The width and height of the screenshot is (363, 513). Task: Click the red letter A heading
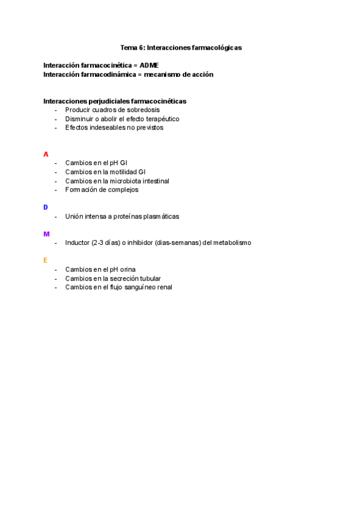pyautogui.click(x=46, y=154)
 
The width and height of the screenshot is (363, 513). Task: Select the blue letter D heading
pyautogui.click(x=46, y=207)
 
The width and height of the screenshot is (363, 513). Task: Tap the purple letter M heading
pyautogui.click(x=47, y=234)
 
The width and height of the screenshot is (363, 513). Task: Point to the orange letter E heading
pyautogui.click(x=45, y=261)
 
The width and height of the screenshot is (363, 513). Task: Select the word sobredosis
pyautogui.click(x=143, y=110)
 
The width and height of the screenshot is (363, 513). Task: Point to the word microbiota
pyautogui.click(x=126, y=181)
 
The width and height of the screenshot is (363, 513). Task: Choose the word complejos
pyautogui.click(x=123, y=189)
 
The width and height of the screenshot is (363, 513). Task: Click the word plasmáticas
pyautogui.click(x=159, y=216)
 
